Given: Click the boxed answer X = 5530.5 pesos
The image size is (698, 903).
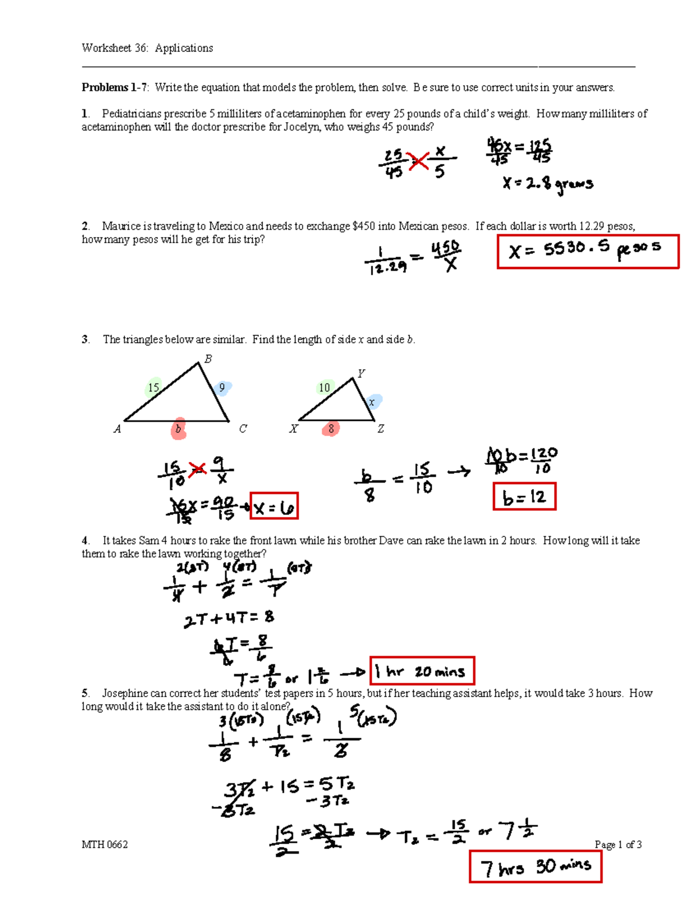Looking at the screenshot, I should tap(587, 251).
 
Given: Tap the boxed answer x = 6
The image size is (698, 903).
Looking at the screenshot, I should tap(273, 507).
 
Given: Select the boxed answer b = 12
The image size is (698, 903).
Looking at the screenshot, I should tap(524, 497).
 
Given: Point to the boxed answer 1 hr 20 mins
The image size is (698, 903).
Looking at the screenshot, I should tap(422, 671).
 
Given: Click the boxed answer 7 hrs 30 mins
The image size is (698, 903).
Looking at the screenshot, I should tap(535, 866).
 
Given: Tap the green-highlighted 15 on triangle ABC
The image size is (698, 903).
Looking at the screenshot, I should tap(154, 387).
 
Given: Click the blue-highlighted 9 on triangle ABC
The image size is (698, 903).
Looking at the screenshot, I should tap(222, 388).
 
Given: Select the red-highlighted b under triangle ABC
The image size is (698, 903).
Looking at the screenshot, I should tap(179, 429).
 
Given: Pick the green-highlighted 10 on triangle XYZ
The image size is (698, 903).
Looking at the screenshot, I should tap(325, 387).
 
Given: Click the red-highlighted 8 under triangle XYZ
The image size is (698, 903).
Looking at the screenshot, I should tap(330, 429).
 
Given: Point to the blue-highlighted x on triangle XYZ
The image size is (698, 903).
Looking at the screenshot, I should tap(373, 402).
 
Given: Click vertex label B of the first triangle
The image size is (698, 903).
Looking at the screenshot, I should tap(208, 359).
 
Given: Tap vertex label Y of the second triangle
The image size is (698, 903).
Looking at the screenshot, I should tap(361, 373).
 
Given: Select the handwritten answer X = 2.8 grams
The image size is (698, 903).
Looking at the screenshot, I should tap(547, 184).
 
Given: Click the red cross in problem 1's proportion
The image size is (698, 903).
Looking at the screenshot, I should tap(418, 161).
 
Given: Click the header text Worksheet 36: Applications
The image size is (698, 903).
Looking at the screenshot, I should tap(147, 48).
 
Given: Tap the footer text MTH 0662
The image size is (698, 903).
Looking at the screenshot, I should tap(105, 844).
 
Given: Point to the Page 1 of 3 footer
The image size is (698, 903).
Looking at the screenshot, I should tap(618, 844).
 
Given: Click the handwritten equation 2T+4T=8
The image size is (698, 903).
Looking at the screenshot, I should tap(229, 619).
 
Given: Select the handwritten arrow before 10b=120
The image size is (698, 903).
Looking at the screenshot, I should tap(458, 472).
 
